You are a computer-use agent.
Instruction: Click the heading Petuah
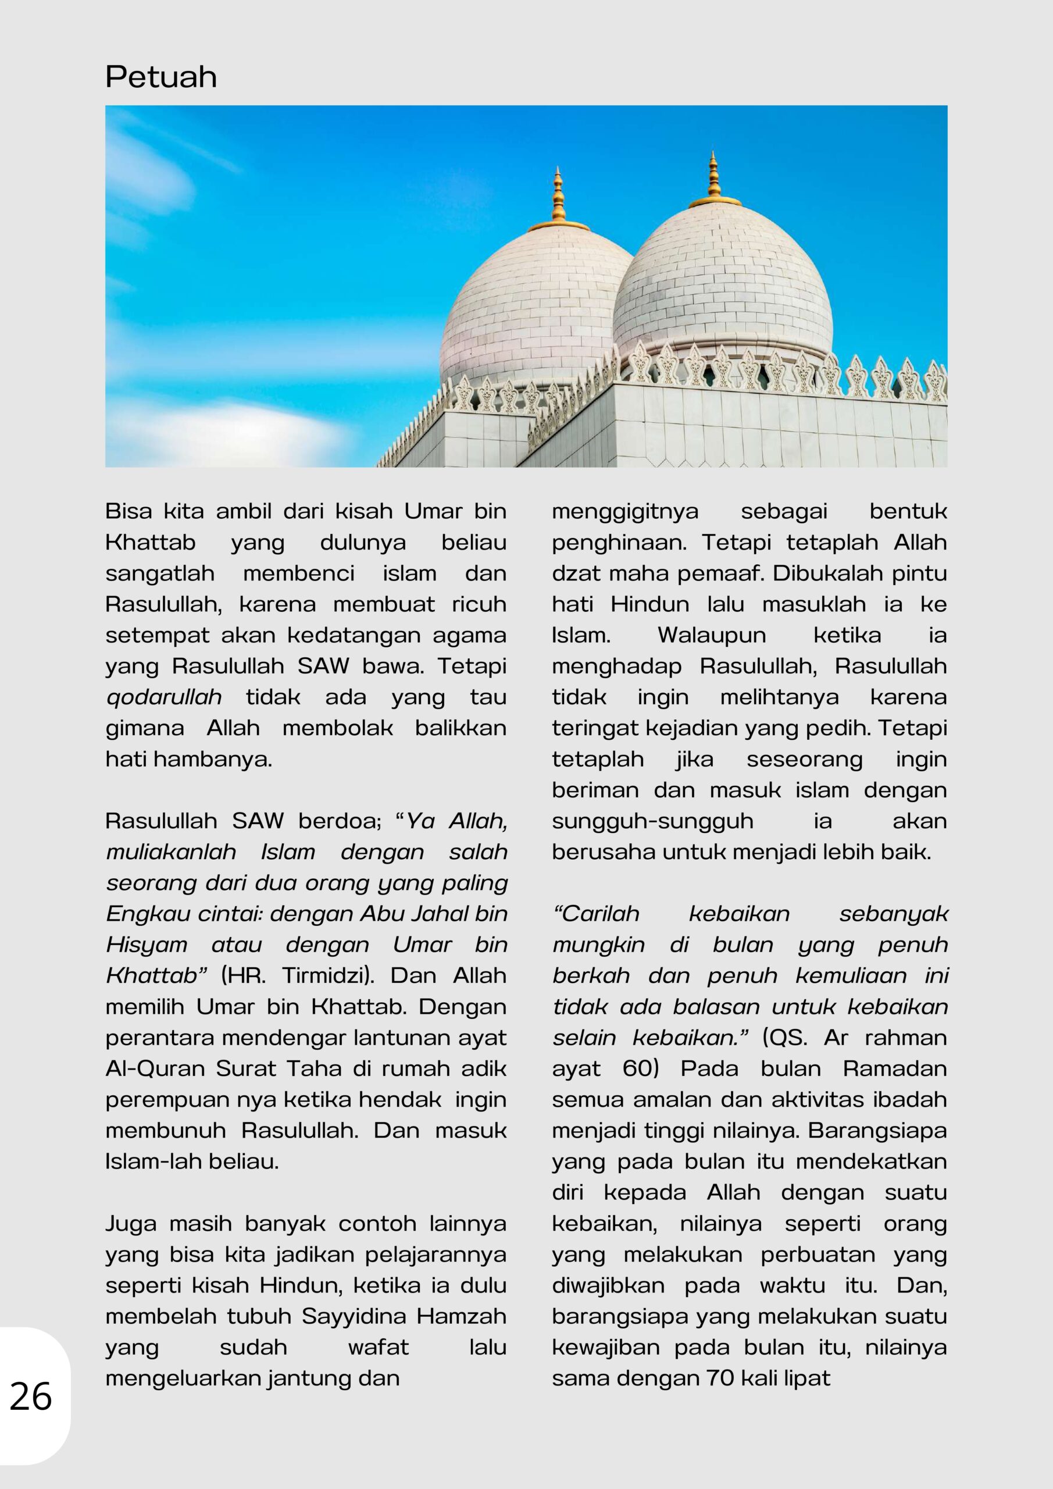pos(161,77)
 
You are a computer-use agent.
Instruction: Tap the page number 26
pos(30,1397)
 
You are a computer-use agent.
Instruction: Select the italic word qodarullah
pos(163,698)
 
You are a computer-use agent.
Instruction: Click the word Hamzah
pos(461,1316)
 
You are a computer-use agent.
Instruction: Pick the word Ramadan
pos(894,1068)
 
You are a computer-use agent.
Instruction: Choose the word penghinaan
pos(617,543)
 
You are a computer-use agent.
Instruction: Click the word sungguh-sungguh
pos(652,822)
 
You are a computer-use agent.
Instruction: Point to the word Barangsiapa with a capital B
pos(877,1130)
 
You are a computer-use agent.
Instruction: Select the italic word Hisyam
pos(147,945)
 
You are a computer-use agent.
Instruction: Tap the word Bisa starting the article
pos(129,512)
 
